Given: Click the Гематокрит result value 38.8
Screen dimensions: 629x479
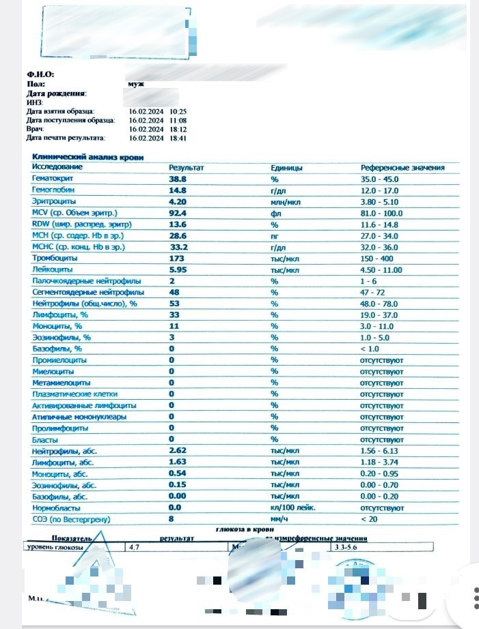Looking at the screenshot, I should (178, 178).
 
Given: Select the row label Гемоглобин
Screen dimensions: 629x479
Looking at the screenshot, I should (53, 190).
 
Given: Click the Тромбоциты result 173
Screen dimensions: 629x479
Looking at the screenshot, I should (176, 259).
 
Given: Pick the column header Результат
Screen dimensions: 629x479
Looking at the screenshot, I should (187, 167).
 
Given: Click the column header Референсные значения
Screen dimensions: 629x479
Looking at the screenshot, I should (402, 167).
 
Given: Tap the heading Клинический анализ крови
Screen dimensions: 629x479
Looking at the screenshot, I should (88, 157).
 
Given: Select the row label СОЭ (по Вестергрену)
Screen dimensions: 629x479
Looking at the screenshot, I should (71, 519).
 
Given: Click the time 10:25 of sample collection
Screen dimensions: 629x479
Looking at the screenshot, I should (179, 111).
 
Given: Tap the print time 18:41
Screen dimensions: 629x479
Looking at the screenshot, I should (179, 138).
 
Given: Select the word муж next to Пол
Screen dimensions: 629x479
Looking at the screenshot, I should (135, 83).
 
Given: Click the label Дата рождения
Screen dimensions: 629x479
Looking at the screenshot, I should (56, 93).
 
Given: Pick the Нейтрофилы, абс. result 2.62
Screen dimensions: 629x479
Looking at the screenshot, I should (178, 451).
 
